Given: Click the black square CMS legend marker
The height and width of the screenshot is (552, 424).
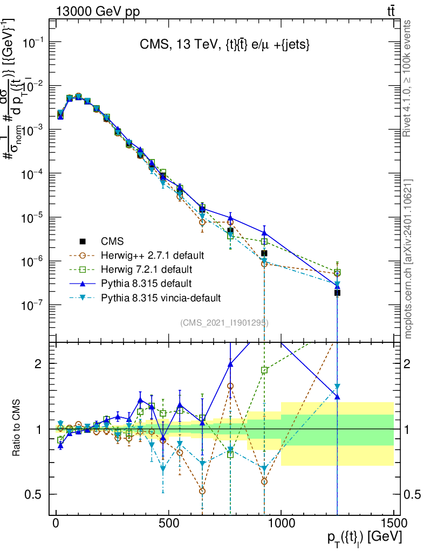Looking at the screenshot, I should pyautogui.click(x=83, y=241).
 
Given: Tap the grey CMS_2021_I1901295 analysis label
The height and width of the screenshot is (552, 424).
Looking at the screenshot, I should pyautogui.click(x=224, y=323).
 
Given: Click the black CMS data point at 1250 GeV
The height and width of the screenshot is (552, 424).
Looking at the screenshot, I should pyautogui.click(x=337, y=293).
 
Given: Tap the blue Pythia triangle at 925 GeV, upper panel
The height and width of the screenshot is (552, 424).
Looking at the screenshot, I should pyautogui.click(x=264, y=233).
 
